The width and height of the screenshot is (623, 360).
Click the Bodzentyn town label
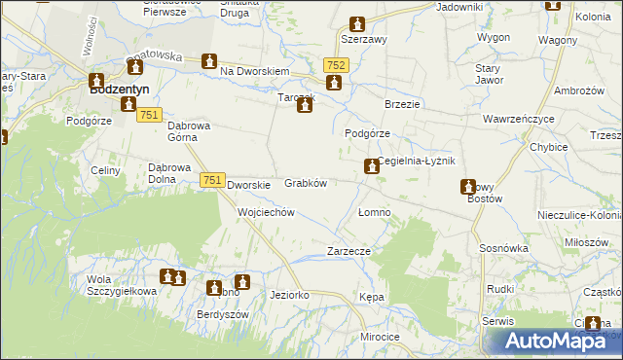tap(118, 90)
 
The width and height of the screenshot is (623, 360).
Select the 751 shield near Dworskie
tap(213, 180)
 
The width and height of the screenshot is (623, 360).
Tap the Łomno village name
tap(374, 212)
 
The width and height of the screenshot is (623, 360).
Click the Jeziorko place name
tap(289, 294)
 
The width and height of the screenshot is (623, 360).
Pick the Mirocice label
tap(380, 336)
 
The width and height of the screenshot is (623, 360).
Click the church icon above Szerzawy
tap(357, 24)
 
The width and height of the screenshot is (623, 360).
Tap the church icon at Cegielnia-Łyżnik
tap(371, 167)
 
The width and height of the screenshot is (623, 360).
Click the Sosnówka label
tap(503, 249)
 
